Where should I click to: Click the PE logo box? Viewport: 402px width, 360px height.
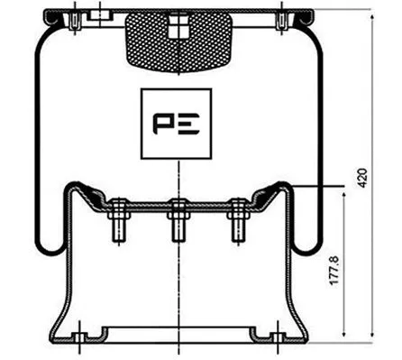(x=179, y=124)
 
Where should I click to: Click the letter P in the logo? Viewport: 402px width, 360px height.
(x=168, y=124)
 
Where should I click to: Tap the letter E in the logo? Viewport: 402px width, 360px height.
(x=192, y=124)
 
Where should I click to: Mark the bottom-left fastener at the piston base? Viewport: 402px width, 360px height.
(x=78, y=340)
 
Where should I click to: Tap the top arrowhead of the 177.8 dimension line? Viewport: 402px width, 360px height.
(x=347, y=190)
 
